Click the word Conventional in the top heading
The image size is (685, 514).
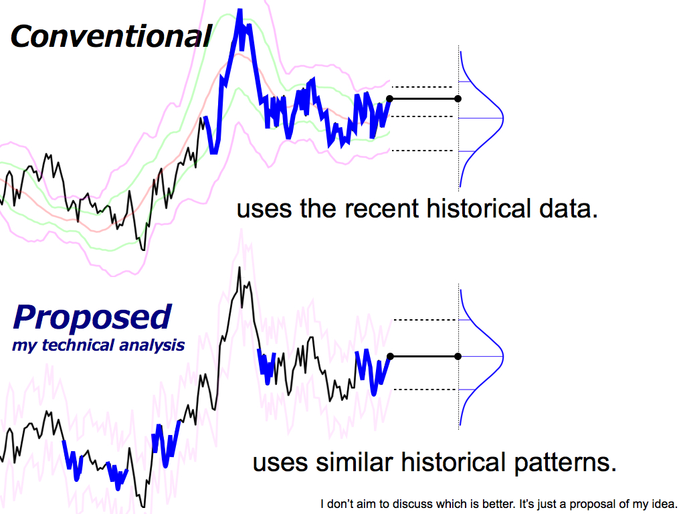tap(111, 36)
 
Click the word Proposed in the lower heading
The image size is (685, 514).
tap(92, 318)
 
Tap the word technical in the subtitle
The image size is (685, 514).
tap(78, 345)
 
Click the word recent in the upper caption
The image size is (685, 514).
tap(381, 209)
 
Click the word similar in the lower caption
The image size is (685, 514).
tap(355, 462)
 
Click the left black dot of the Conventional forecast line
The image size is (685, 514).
tap(390, 99)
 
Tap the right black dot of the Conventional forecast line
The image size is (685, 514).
tap(458, 99)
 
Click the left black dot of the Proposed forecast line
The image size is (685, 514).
tap(391, 357)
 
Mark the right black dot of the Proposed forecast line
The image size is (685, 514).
tap(458, 357)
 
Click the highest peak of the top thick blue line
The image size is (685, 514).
tap(239, 9)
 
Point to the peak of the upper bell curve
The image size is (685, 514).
tap(503, 118)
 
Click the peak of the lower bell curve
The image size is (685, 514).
tap(503, 357)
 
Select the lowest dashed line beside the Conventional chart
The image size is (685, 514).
tap(423, 151)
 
